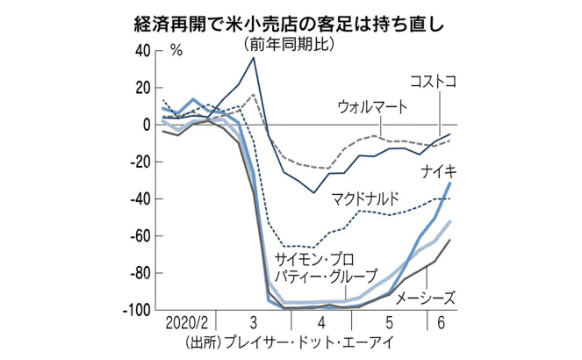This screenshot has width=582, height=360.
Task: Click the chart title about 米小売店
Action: coord(291,18)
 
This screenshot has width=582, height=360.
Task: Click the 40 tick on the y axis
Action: coord(142,51)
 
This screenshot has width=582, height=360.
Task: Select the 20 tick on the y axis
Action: coord(142,88)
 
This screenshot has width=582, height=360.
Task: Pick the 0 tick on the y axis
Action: coord(147,126)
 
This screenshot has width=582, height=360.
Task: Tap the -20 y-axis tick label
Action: coord(139,162)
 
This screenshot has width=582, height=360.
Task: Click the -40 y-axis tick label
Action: coord(139,199)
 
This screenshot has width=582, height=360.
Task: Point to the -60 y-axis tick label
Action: coord(139,237)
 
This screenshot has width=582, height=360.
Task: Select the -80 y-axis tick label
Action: coord(139,274)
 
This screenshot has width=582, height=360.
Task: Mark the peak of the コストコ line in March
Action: coord(254,58)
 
